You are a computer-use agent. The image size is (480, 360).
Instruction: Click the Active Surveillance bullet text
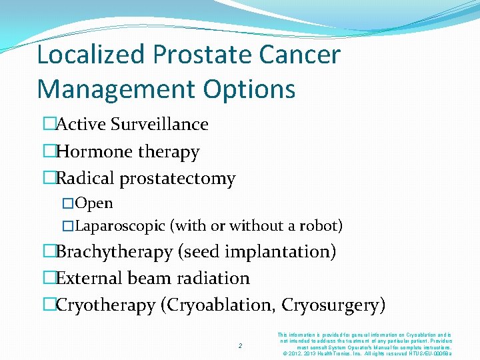coord(132,125)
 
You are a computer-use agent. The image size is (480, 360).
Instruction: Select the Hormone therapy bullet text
coord(127,152)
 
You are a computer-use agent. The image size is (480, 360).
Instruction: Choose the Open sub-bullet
coord(94,203)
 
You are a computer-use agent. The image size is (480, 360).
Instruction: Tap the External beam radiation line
coord(153,278)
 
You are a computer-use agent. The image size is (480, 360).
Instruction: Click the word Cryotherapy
coord(106,305)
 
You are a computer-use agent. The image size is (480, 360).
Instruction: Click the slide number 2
coord(241,345)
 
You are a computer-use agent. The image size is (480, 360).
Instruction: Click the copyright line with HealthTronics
coord(368,353)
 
